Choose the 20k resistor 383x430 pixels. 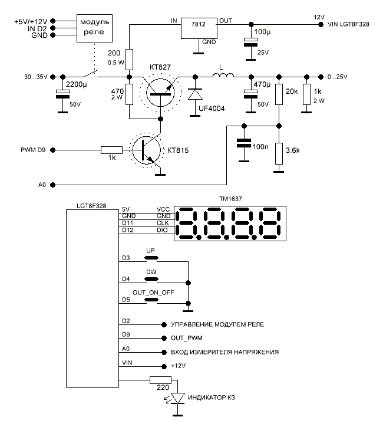[x=277, y=94]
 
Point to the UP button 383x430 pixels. [x=151, y=258]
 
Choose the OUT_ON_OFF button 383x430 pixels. [x=151, y=300]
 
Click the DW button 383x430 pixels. [x=151, y=279]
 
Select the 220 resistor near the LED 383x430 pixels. [x=160, y=380]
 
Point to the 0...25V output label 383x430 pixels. [x=338, y=77]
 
